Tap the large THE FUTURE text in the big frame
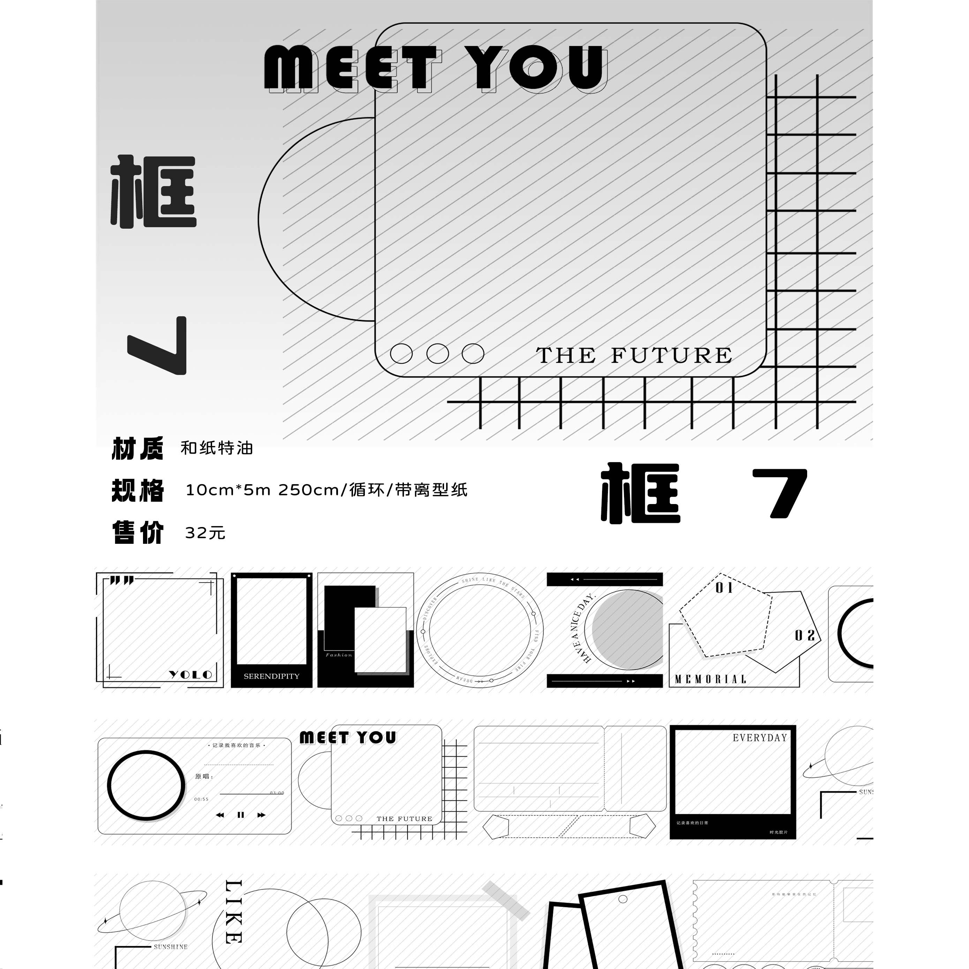(634, 355)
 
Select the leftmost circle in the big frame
(401, 354)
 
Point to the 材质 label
(137, 448)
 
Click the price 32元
(205, 533)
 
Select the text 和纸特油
(217, 448)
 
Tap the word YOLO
(190, 675)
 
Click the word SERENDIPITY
(271, 676)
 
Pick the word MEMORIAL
(710, 679)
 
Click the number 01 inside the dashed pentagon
(724, 588)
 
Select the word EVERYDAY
(759, 738)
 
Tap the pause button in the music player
(241, 815)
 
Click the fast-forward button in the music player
(261, 815)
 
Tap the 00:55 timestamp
(202, 799)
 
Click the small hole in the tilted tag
(623, 899)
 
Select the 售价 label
(137, 533)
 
